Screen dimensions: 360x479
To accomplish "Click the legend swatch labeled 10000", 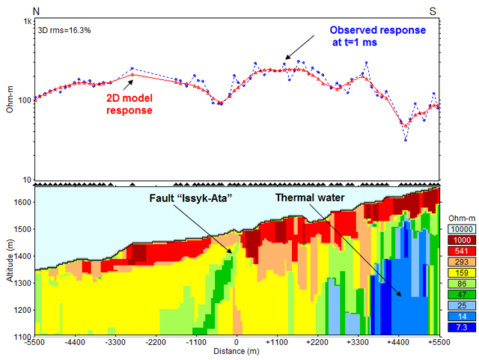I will click(x=459, y=228).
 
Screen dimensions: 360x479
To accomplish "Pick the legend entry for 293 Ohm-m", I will click(x=459, y=262).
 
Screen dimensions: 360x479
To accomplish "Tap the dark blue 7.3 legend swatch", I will click(x=459, y=327).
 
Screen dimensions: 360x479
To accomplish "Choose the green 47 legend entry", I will click(x=459, y=294).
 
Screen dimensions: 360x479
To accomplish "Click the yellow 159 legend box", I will click(x=459, y=272).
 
